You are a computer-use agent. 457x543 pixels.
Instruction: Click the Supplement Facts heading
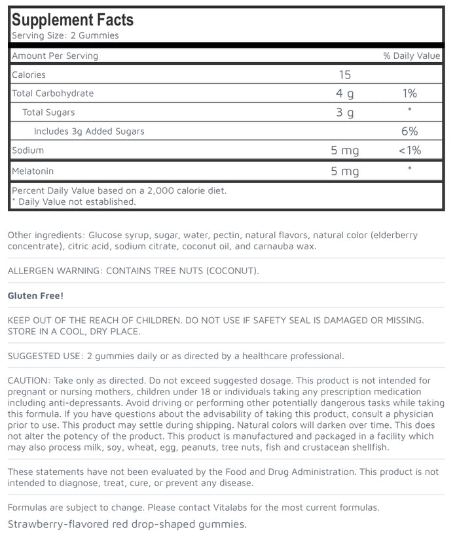coord(72,20)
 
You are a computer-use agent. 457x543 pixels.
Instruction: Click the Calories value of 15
coord(344,75)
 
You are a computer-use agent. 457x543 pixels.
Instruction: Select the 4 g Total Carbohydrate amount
coord(344,94)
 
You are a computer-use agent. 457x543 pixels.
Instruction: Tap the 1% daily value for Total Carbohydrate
coord(410,94)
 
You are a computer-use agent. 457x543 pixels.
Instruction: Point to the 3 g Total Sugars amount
coord(344,113)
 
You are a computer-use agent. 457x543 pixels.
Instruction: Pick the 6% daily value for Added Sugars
coord(410,131)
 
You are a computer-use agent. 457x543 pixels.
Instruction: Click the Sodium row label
coord(28,150)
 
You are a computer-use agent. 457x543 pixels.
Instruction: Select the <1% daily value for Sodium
coord(410,150)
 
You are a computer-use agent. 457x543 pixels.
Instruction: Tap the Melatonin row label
coord(33,171)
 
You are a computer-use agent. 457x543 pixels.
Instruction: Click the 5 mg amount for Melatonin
coord(344,171)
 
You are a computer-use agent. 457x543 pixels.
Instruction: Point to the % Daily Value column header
coord(411,56)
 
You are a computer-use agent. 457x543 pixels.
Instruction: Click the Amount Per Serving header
coord(55,56)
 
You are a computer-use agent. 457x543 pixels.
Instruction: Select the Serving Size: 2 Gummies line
coord(65,35)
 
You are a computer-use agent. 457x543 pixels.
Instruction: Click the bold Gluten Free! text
coord(35,296)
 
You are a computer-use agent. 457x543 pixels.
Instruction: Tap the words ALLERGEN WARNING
coord(56,271)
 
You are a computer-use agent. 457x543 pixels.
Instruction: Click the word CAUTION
coord(28,380)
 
